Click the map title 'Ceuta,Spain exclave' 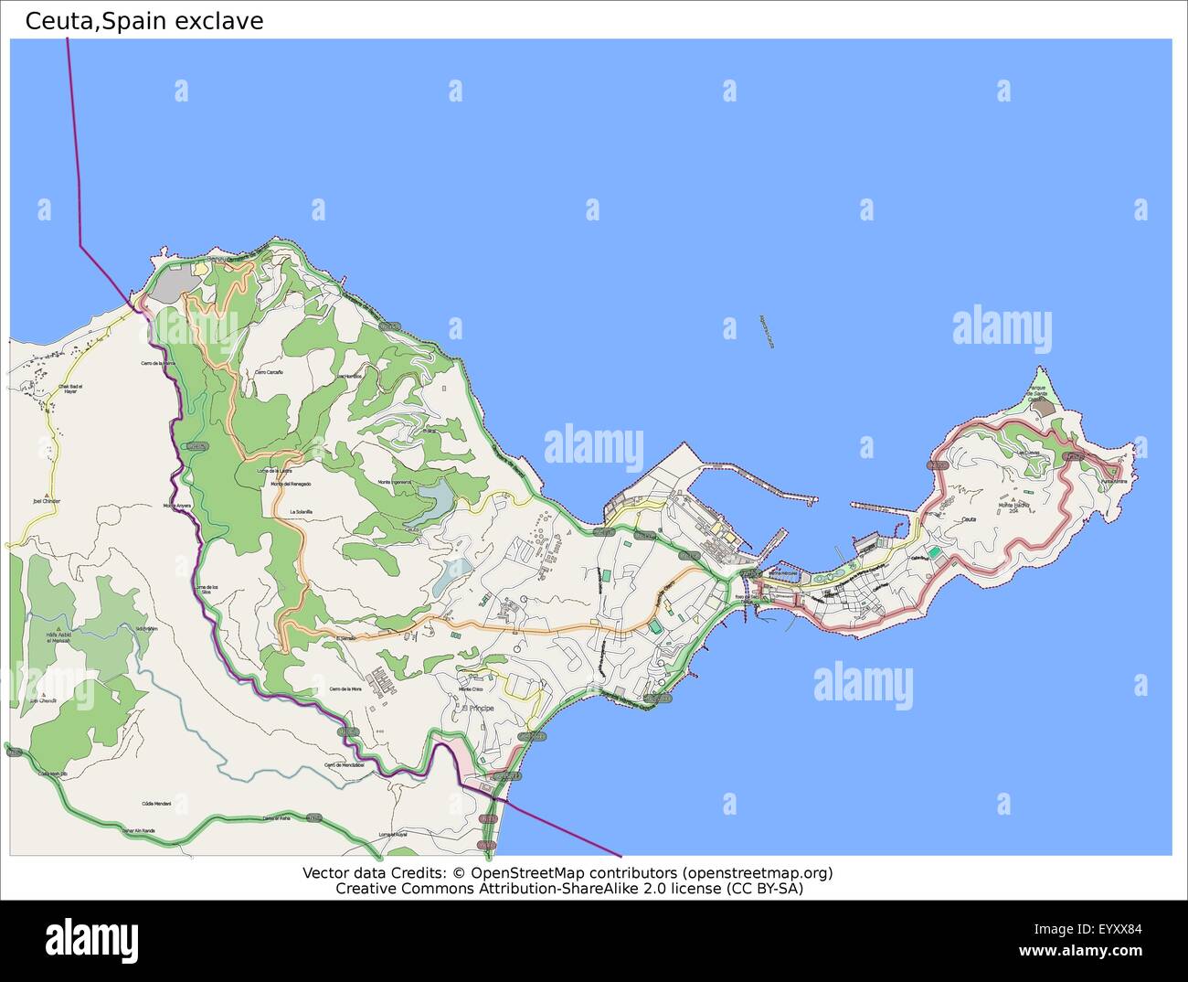pos(144,21)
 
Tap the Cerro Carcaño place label pos(269,372)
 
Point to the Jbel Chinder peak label pos(47,501)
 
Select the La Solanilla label pos(301,511)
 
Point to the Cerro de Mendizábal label pos(344,764)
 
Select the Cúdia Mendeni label pos(156,804)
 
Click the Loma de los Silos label pos(207,590)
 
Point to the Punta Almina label pos(1111,481)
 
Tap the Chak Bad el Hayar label pos(69,389)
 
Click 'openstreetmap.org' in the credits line pos(758,873)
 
